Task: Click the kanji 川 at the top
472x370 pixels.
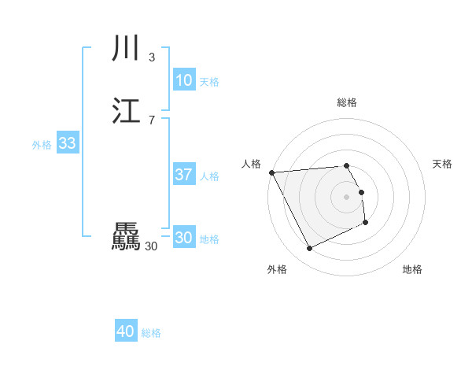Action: coord(126,49)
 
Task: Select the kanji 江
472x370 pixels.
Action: coord(126,110)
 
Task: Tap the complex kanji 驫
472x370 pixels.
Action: coord(126,236)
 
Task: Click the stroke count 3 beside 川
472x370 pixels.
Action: coord(151,57)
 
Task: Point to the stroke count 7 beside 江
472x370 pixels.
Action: coord(151,120)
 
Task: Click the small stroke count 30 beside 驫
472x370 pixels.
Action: coord(151,246)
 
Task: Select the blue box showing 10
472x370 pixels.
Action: coord(184,80)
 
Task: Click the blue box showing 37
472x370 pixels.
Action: coord(184,175)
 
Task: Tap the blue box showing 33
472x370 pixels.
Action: coord(67,143)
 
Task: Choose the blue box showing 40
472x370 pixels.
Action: coord(126,332)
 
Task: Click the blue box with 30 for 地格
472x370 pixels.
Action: coord(184,238)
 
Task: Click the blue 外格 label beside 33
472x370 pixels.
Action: coord(42,145)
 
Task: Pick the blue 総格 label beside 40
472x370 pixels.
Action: coord(151,334)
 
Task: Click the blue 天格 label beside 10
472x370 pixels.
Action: coord(209,82)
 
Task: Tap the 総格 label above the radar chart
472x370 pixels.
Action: coord(347,102)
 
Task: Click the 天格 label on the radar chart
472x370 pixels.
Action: coord(443,164)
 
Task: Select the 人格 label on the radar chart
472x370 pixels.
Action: coord(252,164)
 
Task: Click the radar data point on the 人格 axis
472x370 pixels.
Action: coord(271,172)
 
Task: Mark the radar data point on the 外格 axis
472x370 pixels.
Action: coord(309,249)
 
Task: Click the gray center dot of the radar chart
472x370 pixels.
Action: coord(347,196)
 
